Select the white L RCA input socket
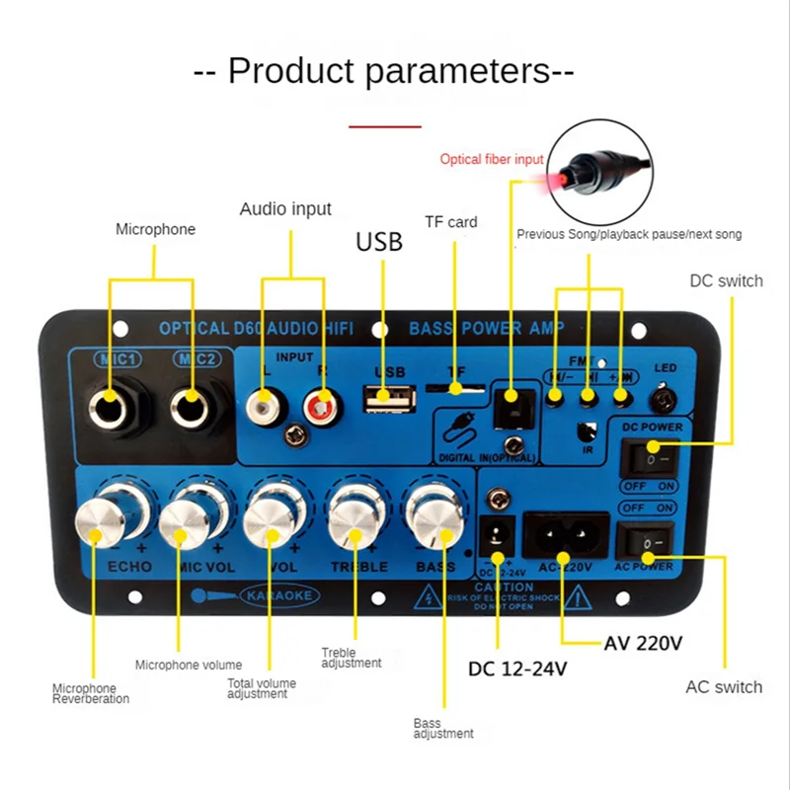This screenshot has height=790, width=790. point(265,402)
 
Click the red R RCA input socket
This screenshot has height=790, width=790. point(319,403)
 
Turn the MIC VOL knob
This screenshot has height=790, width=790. point(187,520)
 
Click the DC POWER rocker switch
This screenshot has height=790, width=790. point(646,458)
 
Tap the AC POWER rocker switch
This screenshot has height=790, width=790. point(644,542)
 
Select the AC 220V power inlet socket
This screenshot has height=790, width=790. point(562,537)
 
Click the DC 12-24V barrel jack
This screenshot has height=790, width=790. point(497,538)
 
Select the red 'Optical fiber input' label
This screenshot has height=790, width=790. point(491,159)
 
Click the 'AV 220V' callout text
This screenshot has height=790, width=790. point(643,643)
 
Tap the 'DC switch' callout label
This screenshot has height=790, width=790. point(726,281)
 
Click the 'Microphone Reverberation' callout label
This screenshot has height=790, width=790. point(91,693)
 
